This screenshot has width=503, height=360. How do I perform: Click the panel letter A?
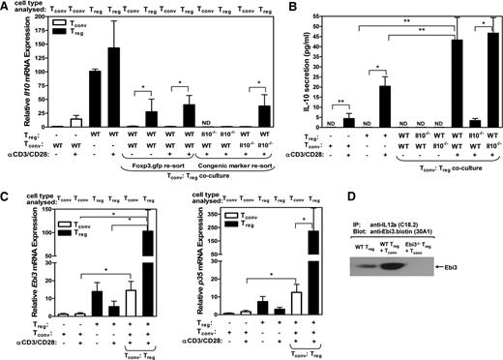pyautogui.click(x=6, y=8)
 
